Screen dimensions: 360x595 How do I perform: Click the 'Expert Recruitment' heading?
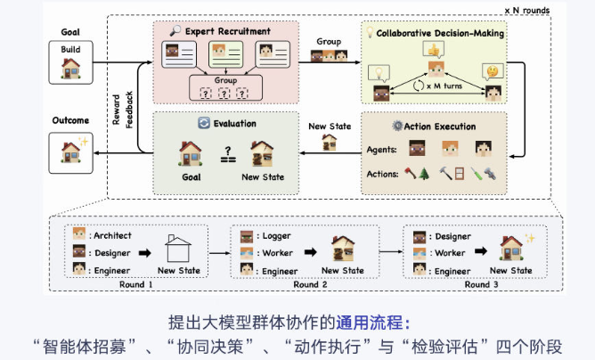(229, 31)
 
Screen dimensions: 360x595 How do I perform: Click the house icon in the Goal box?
(70, 69)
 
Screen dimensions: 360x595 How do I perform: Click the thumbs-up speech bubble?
(435, 51)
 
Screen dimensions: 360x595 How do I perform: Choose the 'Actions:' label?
(384, 173)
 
